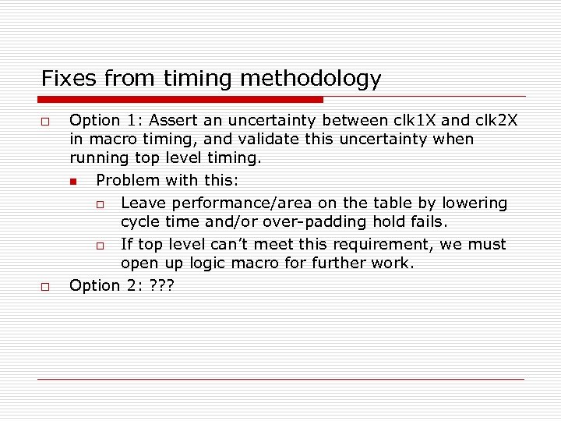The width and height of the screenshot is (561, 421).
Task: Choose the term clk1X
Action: coord(417,121)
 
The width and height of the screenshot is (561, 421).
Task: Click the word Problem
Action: coord(125,181)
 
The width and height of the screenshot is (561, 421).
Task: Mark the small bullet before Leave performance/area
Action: coord(100,205)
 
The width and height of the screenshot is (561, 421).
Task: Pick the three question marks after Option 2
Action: coord(161,286)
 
